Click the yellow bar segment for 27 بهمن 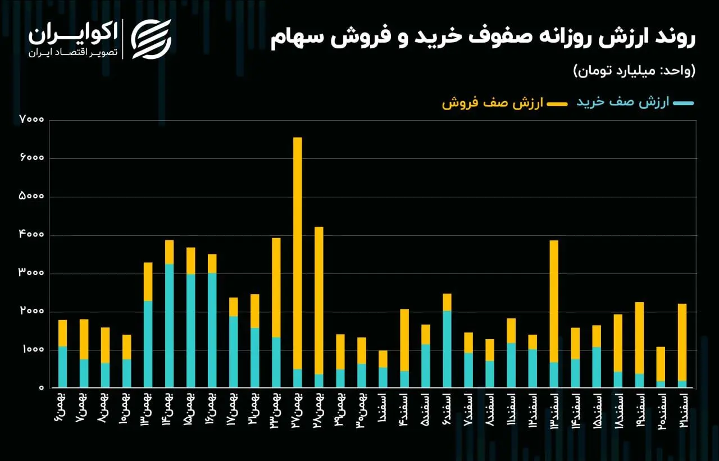click(x=298, y=253)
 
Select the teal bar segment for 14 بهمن click(x=170, y=326)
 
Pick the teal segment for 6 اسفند click(x=447, y=349)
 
